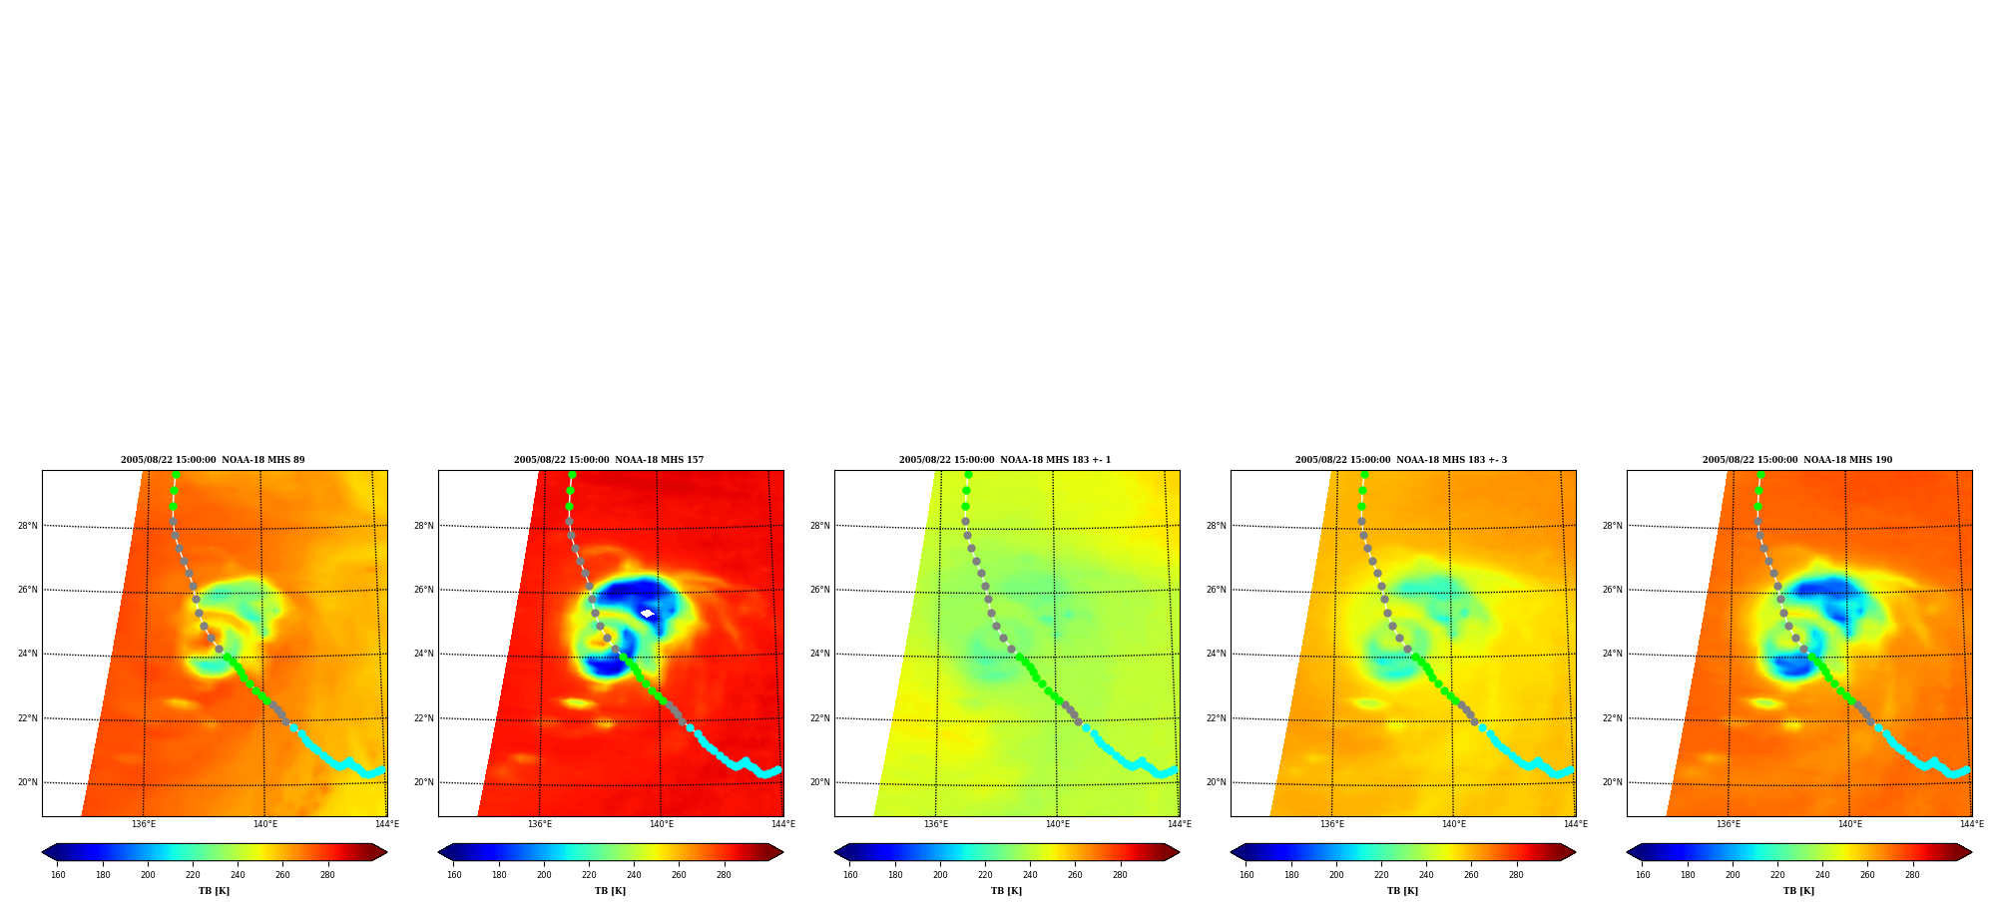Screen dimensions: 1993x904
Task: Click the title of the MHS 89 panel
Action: click(x=213, y=460)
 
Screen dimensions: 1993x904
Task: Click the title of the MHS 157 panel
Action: click(x=609, y=460)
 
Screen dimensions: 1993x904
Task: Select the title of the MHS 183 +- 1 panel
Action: click(x=1005, y=460)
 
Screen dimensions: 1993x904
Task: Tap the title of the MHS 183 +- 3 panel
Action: click(x=1401, y=460)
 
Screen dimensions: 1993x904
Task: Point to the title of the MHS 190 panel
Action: click(x=1797, y=460)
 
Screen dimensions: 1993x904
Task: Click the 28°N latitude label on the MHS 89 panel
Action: click(x=28, y=526)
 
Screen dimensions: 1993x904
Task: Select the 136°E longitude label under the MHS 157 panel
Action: click(x=540, y=824)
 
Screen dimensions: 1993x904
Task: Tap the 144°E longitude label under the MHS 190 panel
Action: click(x=1971, y=824)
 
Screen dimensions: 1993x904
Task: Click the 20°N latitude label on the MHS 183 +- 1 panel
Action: click(x=820, y=782)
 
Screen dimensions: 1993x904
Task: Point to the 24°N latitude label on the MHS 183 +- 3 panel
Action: click(x=1217, y=655)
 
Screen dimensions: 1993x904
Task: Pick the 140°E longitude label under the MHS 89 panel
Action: click(x=265, y=824)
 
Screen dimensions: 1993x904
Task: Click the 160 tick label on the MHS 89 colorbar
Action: click(x=58, y=875)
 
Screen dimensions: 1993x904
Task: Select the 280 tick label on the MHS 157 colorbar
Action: click(x=724, y=875)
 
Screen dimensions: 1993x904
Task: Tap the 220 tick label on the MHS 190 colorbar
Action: click(x=1777, y=875)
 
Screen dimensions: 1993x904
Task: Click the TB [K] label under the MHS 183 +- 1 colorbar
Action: click(x=1006, y=891)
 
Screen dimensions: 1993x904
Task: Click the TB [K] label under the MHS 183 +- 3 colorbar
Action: click(x=1402, y=891)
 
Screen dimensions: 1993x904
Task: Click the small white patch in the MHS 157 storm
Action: click(x=647, y=614)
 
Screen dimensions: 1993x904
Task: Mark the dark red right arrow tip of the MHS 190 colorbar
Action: click(x=1972, y=852)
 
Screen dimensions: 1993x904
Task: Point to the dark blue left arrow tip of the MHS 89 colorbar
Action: click(x=42, y=852)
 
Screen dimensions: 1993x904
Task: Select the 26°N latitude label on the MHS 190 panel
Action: click(x=1613, y=590)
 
